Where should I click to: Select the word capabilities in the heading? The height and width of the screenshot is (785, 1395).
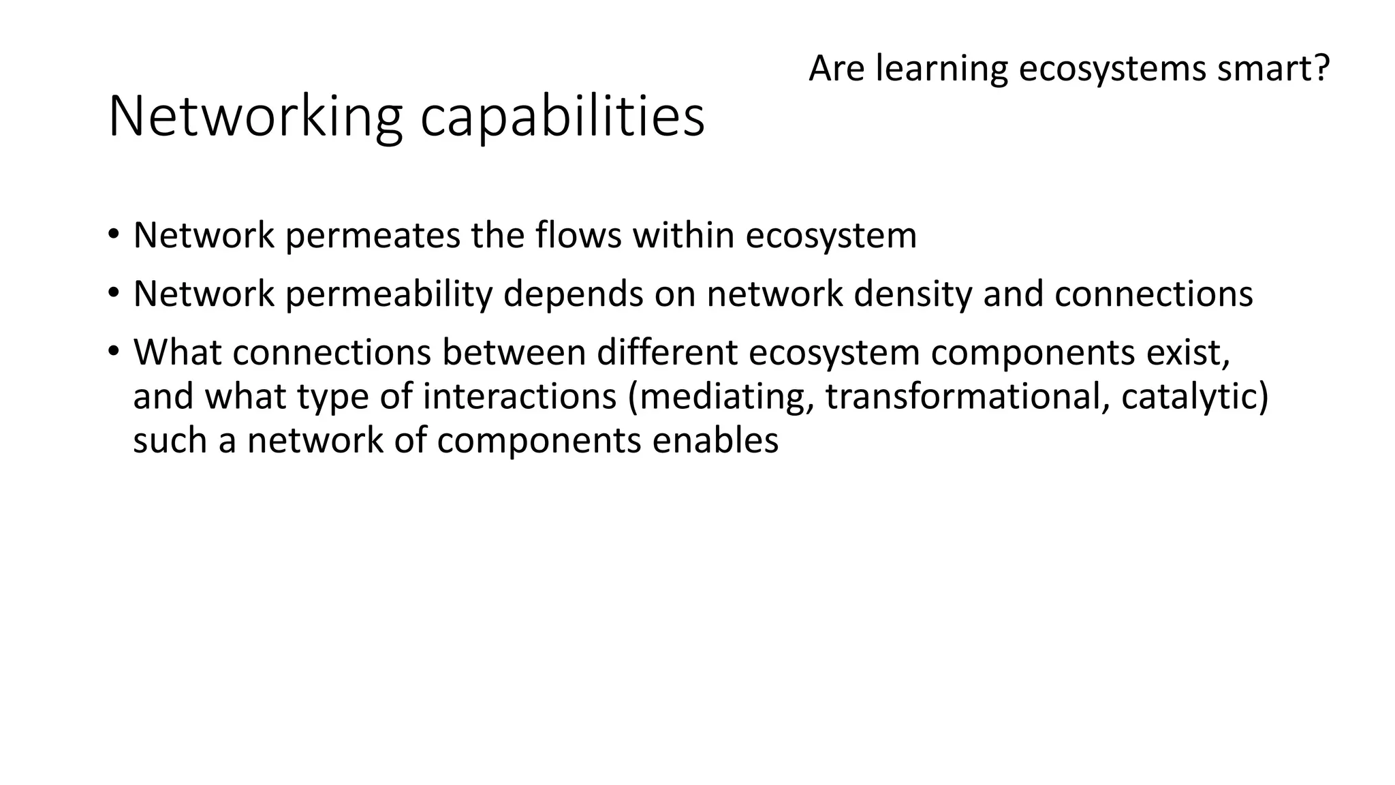562,117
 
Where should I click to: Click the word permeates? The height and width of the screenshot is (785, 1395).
373,236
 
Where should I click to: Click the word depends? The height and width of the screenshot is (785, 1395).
574,294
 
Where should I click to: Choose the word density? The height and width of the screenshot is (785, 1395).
913,294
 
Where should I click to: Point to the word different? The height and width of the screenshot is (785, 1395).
667,353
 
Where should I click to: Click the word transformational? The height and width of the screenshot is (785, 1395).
967,397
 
